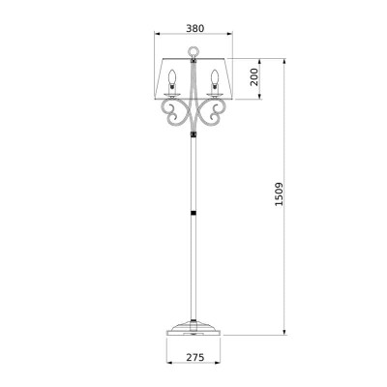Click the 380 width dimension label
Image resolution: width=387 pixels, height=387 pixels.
click(195, 28)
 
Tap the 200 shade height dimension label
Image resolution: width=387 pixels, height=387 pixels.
click(254, 76)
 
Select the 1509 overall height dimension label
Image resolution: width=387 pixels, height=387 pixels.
click(279, 194)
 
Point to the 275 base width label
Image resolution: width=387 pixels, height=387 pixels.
click(195, 357)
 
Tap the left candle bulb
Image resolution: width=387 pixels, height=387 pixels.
click(172, 77)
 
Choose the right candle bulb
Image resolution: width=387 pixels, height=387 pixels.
click(215, 77)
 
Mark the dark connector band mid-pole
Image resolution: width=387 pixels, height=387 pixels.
click(193, 213)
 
